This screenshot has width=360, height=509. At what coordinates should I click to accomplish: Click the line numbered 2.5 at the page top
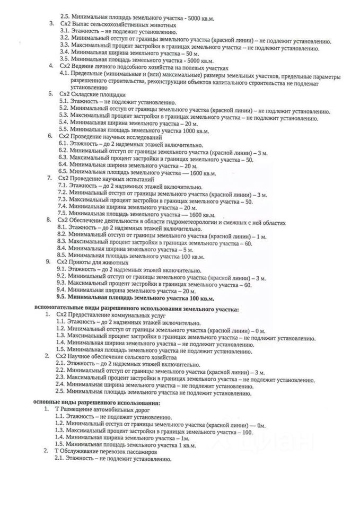click(138, 17)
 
